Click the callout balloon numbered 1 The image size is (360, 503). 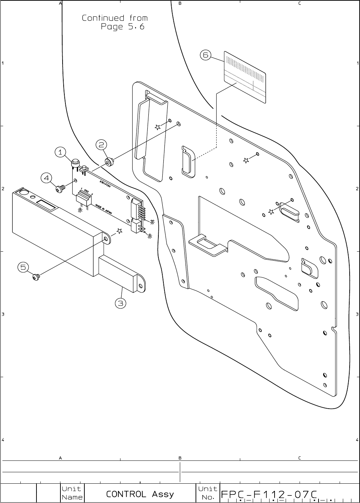60,152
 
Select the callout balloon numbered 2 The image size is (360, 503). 101,145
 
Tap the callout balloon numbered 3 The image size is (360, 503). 120,304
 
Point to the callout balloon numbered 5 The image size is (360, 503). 23,267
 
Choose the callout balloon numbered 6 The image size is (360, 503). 205,55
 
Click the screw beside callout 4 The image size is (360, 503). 60,188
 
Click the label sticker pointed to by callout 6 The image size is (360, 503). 245,77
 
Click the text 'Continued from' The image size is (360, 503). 115,18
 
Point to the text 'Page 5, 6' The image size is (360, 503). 123,27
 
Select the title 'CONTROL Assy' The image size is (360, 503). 140,494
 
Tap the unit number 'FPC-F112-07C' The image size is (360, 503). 269,494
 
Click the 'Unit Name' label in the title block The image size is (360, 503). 72,493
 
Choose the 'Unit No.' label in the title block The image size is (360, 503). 207,493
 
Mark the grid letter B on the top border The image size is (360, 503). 180,4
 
